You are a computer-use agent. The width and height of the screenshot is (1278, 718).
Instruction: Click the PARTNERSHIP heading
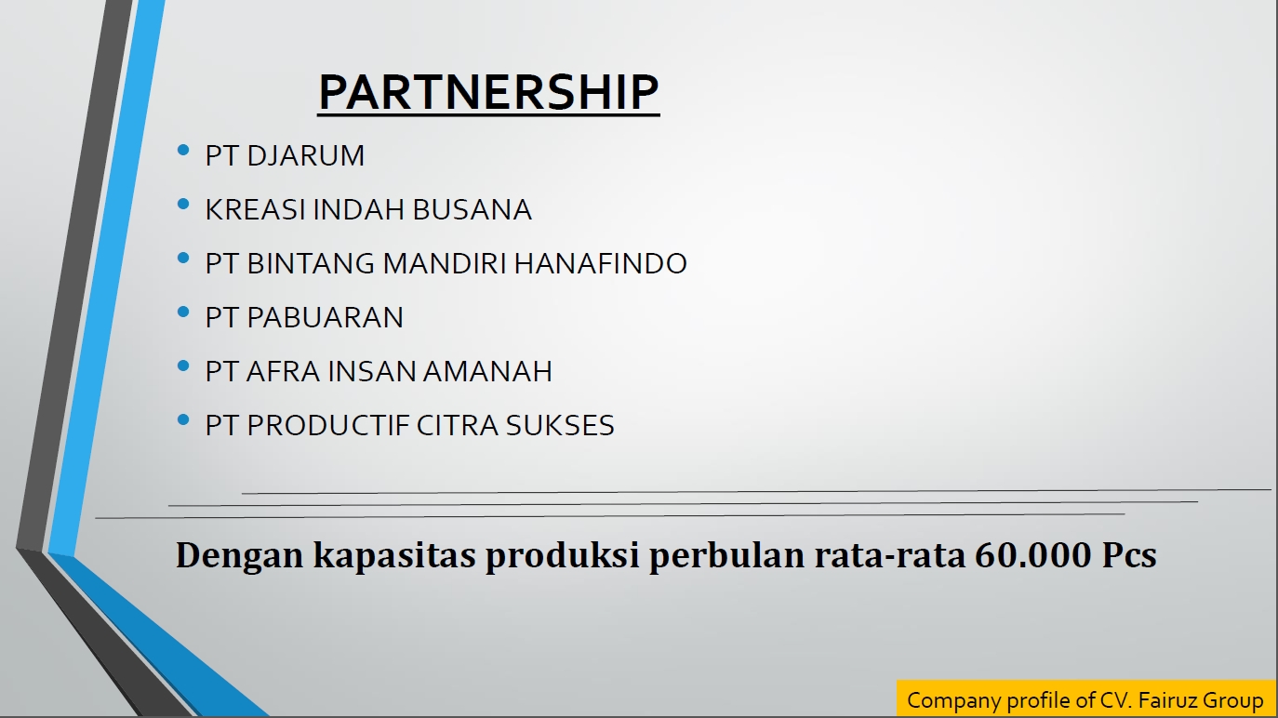coord(488,92)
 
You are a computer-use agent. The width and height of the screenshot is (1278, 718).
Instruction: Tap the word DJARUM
coord(305,155)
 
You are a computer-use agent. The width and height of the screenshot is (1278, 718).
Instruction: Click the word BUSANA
coord(472,209)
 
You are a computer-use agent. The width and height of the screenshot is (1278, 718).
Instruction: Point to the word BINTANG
coord(311,263)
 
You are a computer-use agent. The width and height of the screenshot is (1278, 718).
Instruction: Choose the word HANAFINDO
coord(600,263)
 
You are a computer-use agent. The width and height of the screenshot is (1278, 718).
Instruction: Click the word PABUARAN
coord(325,318)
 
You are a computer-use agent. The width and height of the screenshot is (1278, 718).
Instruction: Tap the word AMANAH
coord(487,371)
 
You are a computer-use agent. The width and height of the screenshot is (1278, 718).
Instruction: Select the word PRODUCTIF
coord(328,425)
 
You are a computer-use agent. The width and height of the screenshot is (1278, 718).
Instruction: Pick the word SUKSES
coord(560,425)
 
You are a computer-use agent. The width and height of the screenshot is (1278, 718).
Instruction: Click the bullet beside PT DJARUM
coord(183,150)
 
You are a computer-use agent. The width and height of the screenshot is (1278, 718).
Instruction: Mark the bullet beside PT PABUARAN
coord(183,312)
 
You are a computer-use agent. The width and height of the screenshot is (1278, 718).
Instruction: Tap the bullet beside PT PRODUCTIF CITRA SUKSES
coord(183,420)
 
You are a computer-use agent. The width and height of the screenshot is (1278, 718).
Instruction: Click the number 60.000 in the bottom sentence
coord(1032,554)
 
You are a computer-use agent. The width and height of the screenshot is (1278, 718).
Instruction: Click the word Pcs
coord(1129,554)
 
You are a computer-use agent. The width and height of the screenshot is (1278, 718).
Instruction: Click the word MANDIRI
coord(445,263)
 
